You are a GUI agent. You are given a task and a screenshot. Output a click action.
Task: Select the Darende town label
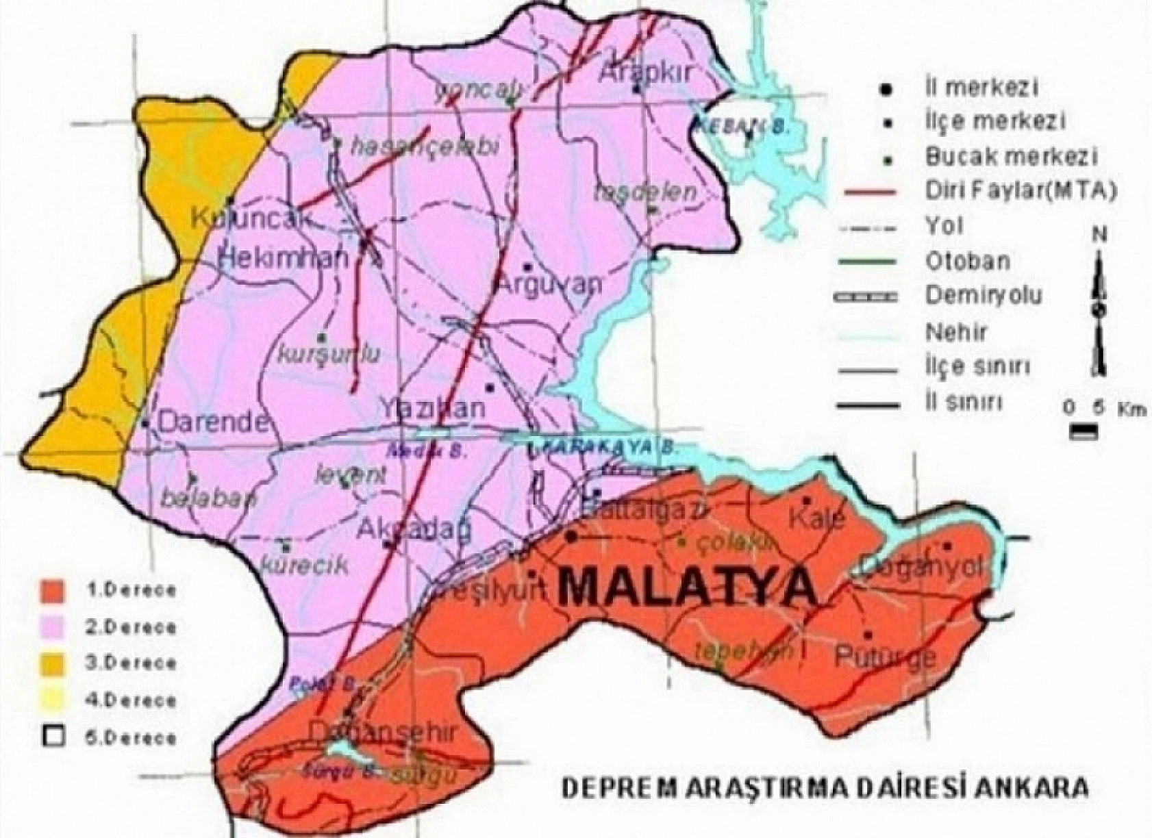[x=214, y=422]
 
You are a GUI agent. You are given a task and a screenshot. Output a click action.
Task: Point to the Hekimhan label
[x=284, y=259]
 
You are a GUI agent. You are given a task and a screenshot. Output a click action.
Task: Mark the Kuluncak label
[x=251, y=218]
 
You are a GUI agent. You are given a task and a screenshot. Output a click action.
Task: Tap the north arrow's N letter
[x=1099, y=235]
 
